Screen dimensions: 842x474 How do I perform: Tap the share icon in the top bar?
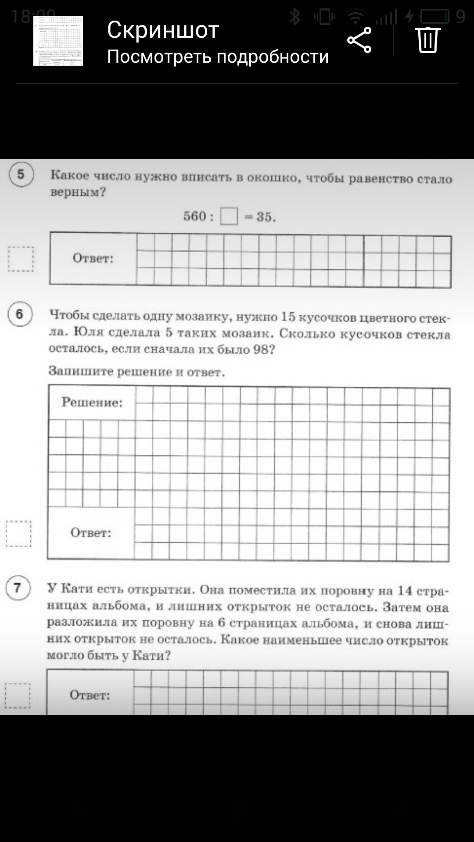coord(359,40)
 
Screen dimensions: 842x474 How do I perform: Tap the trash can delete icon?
coord(428,40)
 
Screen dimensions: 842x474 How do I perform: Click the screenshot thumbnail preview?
coord(58,41)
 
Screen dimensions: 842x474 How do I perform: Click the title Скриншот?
coord(163,30)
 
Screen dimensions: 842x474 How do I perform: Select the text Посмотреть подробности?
coord(218,57)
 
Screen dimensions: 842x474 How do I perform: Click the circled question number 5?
coord(21,175)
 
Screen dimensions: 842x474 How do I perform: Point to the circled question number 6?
coord(20,314)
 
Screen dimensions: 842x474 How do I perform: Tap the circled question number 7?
coord(18,588)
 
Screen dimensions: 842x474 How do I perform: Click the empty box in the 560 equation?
coord(229,216)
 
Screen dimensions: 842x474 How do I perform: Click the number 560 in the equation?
coord(195,216)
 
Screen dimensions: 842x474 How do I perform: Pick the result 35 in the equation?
coord(264,217)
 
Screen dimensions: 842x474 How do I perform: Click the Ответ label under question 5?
coord(93,258)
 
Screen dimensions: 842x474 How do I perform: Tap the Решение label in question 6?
coord(92,402)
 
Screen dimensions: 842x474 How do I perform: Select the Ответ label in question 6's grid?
coord(91,533)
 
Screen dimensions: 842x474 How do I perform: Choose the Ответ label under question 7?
coord(90,695)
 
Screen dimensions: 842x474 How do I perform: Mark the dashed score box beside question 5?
coord(21,259)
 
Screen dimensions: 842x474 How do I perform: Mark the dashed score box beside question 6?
coord(18,534)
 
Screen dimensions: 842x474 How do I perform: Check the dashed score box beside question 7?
coord(18,696)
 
